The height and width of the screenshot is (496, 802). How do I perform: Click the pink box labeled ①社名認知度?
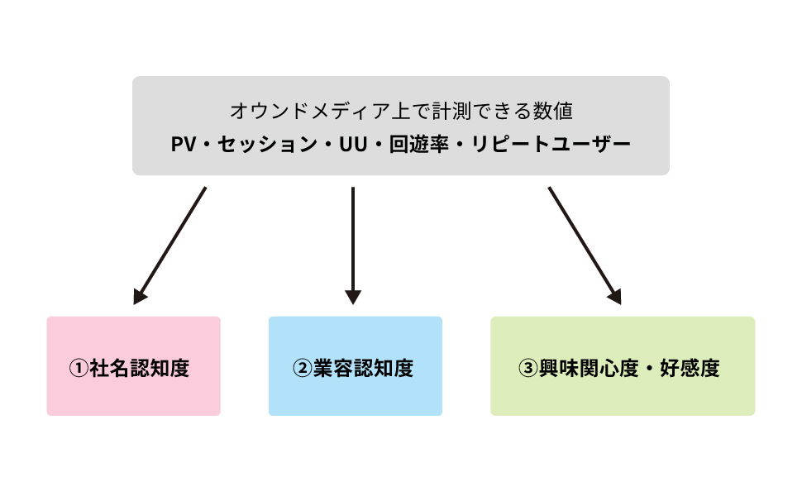tap(133, 366)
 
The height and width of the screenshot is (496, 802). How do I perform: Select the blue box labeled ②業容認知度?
tap(355, 366)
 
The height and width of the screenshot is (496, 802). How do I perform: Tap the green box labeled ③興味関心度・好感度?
tap(622, 366)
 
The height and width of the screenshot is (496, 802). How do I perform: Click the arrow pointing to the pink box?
tap(170, 245)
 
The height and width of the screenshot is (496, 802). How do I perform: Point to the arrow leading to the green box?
tap(583, 243)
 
